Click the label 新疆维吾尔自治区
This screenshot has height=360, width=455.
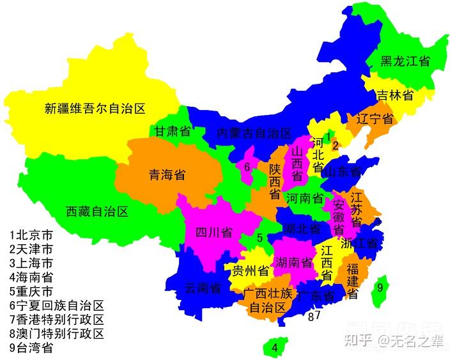point(96,109)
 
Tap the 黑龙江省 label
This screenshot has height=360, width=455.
point(405,61)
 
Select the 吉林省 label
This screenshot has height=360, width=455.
point(394,95)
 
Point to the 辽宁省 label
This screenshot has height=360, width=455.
point(374,119)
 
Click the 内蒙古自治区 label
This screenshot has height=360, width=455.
point(254,134)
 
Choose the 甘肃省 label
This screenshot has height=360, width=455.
point(173,132)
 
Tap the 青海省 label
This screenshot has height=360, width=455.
point(167,175)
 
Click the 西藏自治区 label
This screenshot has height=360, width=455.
point(97,211)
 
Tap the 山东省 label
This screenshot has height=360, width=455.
point(343,171)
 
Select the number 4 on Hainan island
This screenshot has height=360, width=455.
point(275,348)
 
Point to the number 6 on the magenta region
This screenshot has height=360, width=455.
point(246,167)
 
